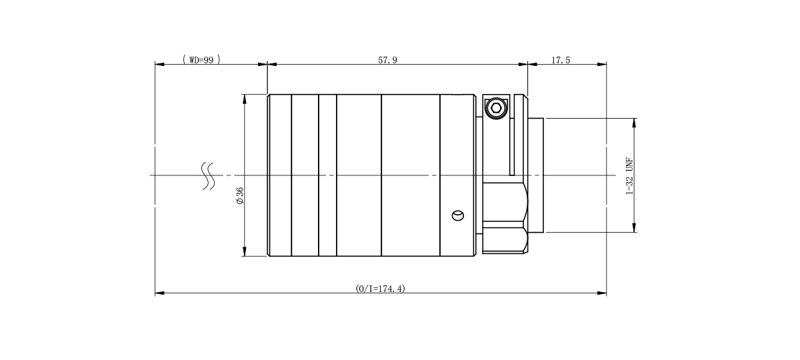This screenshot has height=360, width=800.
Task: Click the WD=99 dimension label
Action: click(x=201, y=59)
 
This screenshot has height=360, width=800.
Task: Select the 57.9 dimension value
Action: click(x=387, y=60)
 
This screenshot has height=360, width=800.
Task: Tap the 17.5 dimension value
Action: click(x=561, y=60)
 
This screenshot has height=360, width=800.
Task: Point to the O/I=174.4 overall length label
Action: click(x=381, y=289)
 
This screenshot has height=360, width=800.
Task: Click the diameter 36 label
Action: click(x=240, y=196)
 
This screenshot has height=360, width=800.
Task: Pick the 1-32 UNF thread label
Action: click(x=629, y=176)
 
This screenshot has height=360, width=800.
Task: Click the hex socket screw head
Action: click(x=496, y=107)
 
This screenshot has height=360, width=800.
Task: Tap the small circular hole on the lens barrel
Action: click(x=458, y=216)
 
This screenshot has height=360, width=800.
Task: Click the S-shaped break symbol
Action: click(x=208, y=176)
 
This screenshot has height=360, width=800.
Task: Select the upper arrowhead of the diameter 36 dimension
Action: click(x=244, y=99)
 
